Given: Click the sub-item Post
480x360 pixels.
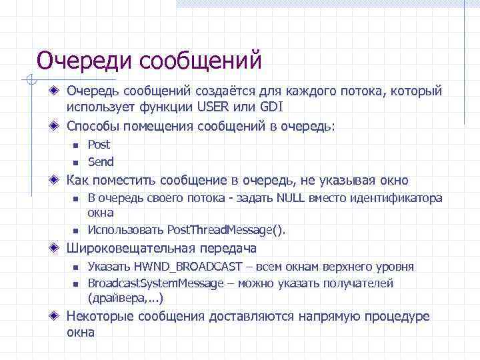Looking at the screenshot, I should [99, 145].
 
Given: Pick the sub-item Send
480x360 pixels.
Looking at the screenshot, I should [101, 162].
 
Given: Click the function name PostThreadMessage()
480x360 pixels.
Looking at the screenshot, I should [226, 230].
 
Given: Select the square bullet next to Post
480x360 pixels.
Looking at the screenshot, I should [76, 145].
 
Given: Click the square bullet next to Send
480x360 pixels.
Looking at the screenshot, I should [76, 163].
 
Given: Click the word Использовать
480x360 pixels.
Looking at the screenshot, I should [126, 230].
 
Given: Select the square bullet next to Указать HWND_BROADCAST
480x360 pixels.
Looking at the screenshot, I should [76, 267].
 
